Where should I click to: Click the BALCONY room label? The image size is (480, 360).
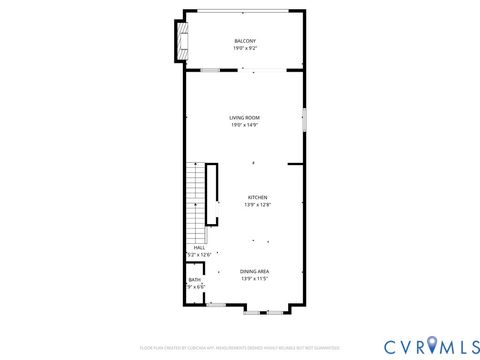245,41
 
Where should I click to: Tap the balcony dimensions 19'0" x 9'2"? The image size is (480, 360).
245,48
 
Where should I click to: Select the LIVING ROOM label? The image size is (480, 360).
245,118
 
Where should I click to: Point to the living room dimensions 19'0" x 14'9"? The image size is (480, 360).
245,125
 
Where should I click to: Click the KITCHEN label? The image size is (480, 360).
257,198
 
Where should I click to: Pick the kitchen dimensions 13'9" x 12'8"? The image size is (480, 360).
257,205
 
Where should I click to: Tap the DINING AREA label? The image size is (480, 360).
254,272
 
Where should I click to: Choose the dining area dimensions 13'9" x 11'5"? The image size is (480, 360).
254,279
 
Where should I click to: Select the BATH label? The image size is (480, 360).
194,280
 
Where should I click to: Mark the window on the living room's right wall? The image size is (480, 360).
305,120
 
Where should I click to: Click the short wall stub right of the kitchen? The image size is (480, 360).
296,164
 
